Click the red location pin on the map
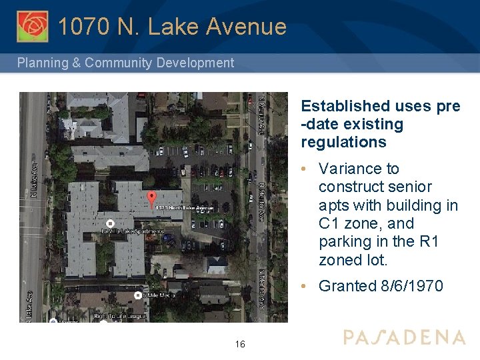pyautogui.click(x=151, y=198)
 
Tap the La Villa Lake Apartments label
pyautogui.click(x=132, y=231)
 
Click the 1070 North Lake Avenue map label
pyautogui.click(x=185, y=207)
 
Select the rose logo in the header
pyautogui.click(x=33, y=27)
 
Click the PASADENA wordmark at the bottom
pyautogui.click(x=404, y=337)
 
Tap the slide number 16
pyautogui.click(x=240, y=345)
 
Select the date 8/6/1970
pyautogui.click(x=411, y=286)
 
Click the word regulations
pyautogui.click(x=343, y=142)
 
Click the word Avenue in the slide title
pyautogui.click(x=247, y=27)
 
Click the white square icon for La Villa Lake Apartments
pyautogui.click(x=111, y=223)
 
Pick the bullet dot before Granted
pyautogui.click(x=304, y=286)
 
